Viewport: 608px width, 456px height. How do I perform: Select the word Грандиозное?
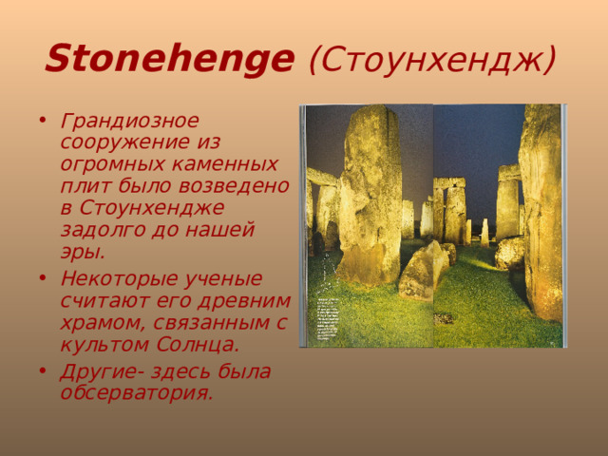tap(129, 122)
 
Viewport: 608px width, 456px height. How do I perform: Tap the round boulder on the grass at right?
tap(510, 253)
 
